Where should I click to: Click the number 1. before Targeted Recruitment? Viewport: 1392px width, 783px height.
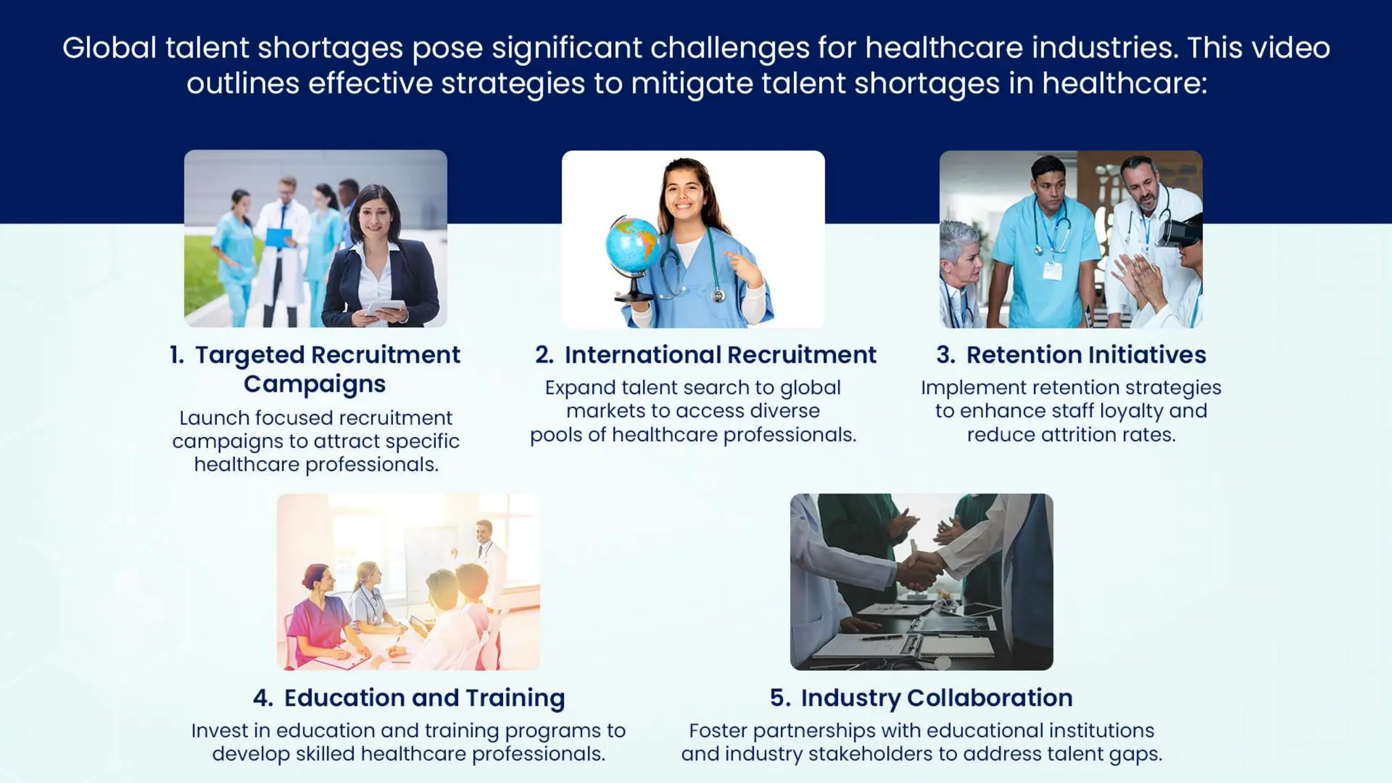tap(177, 355)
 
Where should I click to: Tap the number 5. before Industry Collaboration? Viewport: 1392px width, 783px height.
tap(780, 698)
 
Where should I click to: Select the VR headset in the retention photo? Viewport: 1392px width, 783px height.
tap(1179, 231)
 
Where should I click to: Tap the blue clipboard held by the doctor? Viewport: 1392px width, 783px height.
tap(279, 237)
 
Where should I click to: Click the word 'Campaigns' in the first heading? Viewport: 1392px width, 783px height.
tap(315, 385)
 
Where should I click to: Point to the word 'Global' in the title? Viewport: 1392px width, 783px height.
tap(109, 48)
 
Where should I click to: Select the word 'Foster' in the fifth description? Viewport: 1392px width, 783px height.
tap(718, 731)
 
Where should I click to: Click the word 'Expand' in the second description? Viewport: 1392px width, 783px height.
tap(580, 388)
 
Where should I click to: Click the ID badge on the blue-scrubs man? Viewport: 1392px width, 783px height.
tap(1052, 271)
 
